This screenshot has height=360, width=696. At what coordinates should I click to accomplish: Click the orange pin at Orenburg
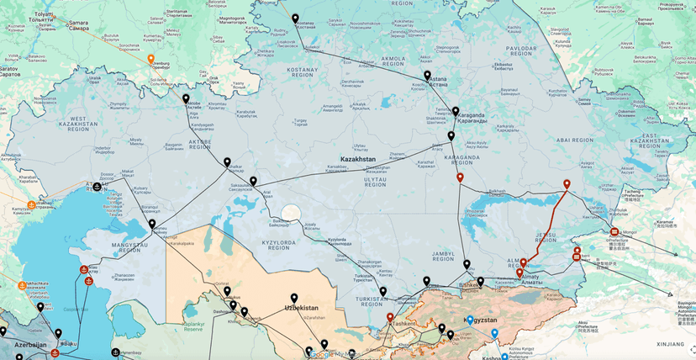(150, 60)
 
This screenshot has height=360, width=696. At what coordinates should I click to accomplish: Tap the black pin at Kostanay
(295, 19)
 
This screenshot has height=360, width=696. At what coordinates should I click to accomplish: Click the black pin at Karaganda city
(456, 111)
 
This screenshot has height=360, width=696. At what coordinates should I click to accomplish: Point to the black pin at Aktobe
(186, 98)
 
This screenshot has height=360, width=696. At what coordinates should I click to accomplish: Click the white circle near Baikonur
(290, 214)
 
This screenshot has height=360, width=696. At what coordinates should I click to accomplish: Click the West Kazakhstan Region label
(91, 124)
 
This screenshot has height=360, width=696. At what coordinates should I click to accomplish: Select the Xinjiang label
(670, 344)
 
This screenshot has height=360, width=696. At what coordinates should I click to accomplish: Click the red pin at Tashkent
(390, 319)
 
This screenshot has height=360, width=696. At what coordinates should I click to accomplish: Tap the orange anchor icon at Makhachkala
(23, 285)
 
